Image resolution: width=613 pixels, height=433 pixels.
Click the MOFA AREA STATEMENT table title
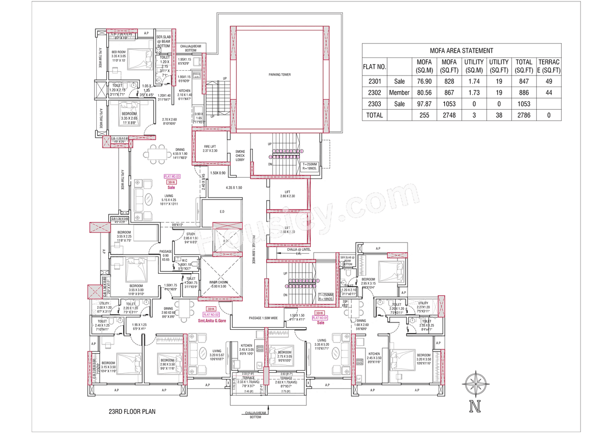(461, 50)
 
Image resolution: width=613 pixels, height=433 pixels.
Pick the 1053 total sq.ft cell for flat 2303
(523, 104)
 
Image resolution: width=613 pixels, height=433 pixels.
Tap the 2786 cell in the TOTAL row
(523, 115)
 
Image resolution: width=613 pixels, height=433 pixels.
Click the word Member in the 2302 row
(399, 93)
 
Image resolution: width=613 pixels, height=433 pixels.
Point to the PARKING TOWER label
(279, 75)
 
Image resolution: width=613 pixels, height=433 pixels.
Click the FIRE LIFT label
(210, 148)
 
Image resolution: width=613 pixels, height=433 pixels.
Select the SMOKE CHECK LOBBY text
(240, 155)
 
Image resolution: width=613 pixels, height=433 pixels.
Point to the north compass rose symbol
(475, 384)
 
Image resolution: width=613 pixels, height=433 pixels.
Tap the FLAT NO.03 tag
(171, 177)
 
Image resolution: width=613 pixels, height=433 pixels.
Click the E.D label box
(222, 211)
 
